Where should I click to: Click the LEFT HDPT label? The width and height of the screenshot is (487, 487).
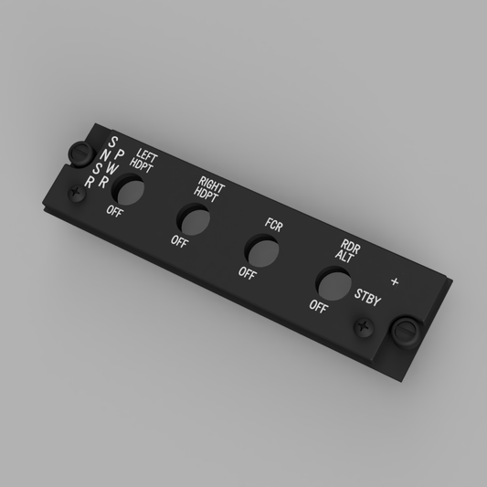143,161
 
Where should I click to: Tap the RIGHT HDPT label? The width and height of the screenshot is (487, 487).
209,189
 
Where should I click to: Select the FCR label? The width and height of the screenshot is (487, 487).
274,225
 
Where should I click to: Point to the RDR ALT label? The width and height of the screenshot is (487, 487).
348,251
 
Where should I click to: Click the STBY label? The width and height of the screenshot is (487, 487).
367,298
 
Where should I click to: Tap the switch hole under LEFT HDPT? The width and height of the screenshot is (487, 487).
128,189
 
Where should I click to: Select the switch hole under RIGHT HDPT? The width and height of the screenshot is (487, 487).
193,219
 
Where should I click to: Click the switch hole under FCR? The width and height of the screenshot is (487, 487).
262,251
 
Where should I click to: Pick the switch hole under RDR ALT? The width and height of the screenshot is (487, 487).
333,284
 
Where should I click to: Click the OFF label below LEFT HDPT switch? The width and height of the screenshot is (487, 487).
115,211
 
